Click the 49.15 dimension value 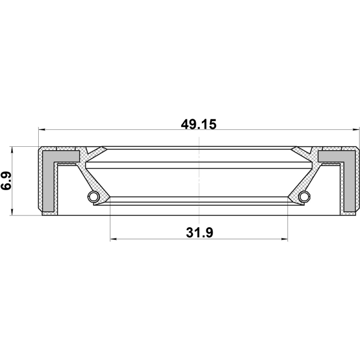coord(199,124)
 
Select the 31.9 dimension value coord(200,232)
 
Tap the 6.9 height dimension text coord(6,181)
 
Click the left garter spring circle coord(93,196)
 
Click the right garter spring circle coord(304,196)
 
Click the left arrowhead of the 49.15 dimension coord(42,130)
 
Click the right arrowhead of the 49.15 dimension coord(355,130)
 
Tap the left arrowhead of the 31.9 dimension coord(114,239)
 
